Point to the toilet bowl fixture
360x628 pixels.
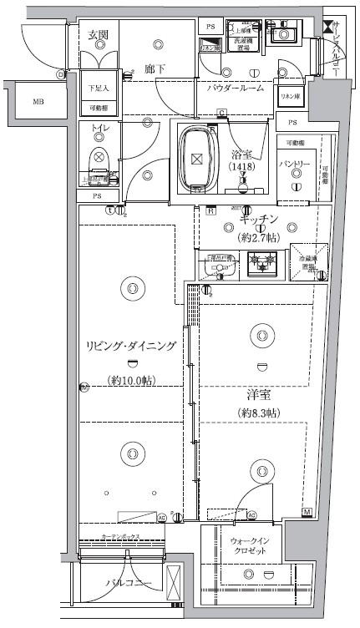99,157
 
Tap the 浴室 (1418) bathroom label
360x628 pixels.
245,161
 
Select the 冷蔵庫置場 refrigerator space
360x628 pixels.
308,266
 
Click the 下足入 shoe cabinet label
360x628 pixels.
98,87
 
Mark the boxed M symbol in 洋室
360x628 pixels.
307,511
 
